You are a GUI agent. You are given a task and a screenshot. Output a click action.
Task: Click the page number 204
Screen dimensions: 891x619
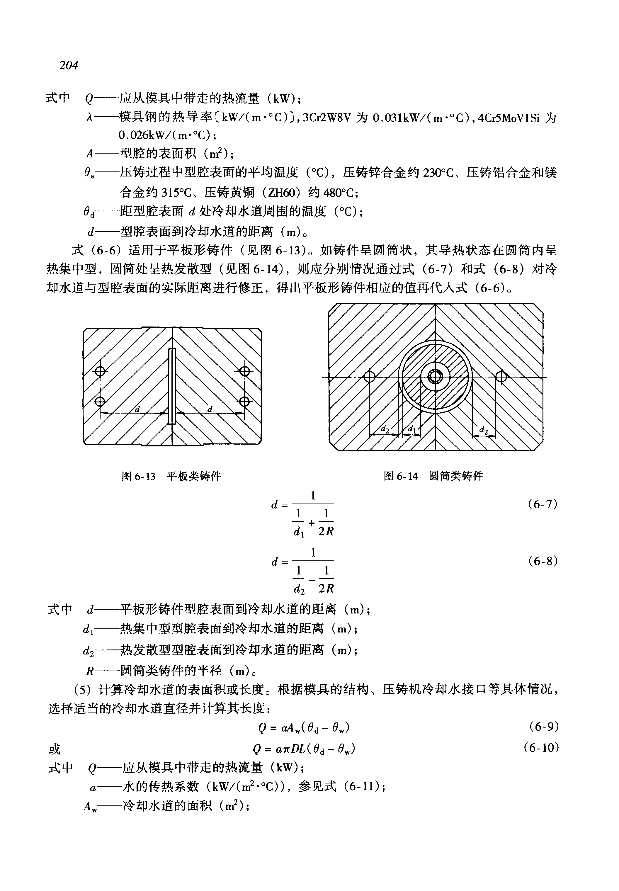[x=69, y=65]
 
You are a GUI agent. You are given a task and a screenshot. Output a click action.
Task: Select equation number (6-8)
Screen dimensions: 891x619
[x=543, y=561]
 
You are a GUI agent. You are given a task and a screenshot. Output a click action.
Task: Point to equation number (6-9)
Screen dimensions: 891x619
[x=544, y=726]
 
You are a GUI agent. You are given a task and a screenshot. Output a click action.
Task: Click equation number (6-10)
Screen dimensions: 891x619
[x=541, y=747]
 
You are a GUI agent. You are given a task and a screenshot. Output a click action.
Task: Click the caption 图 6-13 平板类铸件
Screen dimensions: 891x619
[x=171, y=476]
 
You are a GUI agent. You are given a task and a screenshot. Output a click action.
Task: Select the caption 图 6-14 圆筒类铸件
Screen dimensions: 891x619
[x=433, y=476]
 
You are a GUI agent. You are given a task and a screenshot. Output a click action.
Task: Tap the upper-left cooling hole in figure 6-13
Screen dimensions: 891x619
[x=100, y=372]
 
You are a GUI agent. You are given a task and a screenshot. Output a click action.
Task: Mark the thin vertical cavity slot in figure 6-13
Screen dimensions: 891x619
[x=172, y=386]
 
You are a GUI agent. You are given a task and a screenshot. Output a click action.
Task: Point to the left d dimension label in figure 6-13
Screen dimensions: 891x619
[x=137, y=409]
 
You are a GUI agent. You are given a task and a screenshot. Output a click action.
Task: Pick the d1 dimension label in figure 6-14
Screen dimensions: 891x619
[x=411, y=429]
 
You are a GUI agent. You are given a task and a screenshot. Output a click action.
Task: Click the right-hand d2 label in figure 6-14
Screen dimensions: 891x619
[x=483, y=429]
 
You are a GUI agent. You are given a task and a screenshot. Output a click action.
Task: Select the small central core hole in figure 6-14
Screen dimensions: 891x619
[x=435, y=377]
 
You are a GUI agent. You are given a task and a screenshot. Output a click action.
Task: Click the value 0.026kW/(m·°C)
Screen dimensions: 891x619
[x=167, y=135]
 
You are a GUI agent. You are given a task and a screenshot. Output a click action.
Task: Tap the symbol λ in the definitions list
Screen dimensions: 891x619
[x=89, y=118]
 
